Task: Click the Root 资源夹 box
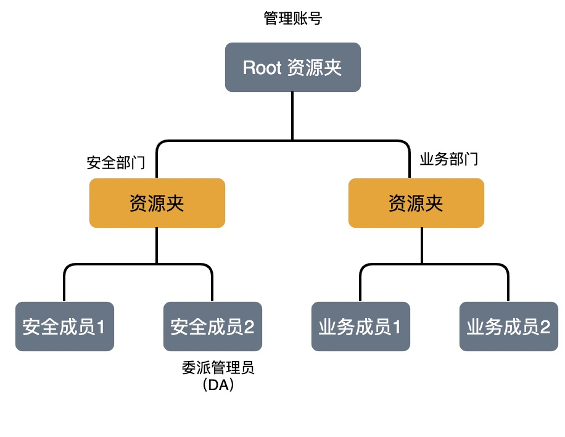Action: click(292, 67)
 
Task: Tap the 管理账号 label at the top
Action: click(292, 18)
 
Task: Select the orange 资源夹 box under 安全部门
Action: click(157, 203)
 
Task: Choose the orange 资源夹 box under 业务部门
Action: click(416, 203)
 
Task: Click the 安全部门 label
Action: click(116, 162)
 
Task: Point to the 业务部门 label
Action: click(449, 159)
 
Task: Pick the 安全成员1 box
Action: click(65, 327)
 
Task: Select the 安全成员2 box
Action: click(213, 327)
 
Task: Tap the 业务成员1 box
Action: click(361, 327)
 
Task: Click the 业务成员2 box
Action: click(509, 327)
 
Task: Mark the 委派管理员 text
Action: click(218, 368)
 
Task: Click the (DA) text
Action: click(218, 385)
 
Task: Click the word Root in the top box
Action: click(262, 67)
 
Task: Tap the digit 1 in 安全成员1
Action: click(101, 327)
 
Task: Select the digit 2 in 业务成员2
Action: click(545, 327)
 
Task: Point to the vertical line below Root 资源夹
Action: click(292, 116)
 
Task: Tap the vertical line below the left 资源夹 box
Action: click(157, 246)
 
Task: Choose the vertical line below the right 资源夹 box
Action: click(421, 246)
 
